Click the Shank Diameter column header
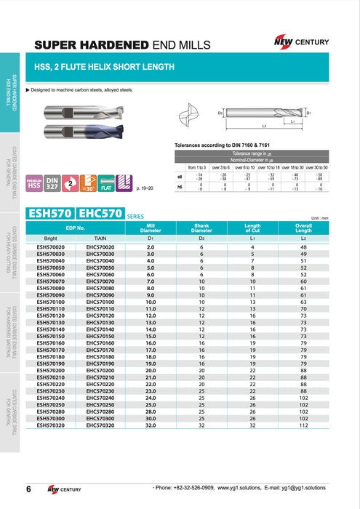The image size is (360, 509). [201, 229]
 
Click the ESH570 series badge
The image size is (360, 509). [50, 214]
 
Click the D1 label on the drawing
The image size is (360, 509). [308, 113]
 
